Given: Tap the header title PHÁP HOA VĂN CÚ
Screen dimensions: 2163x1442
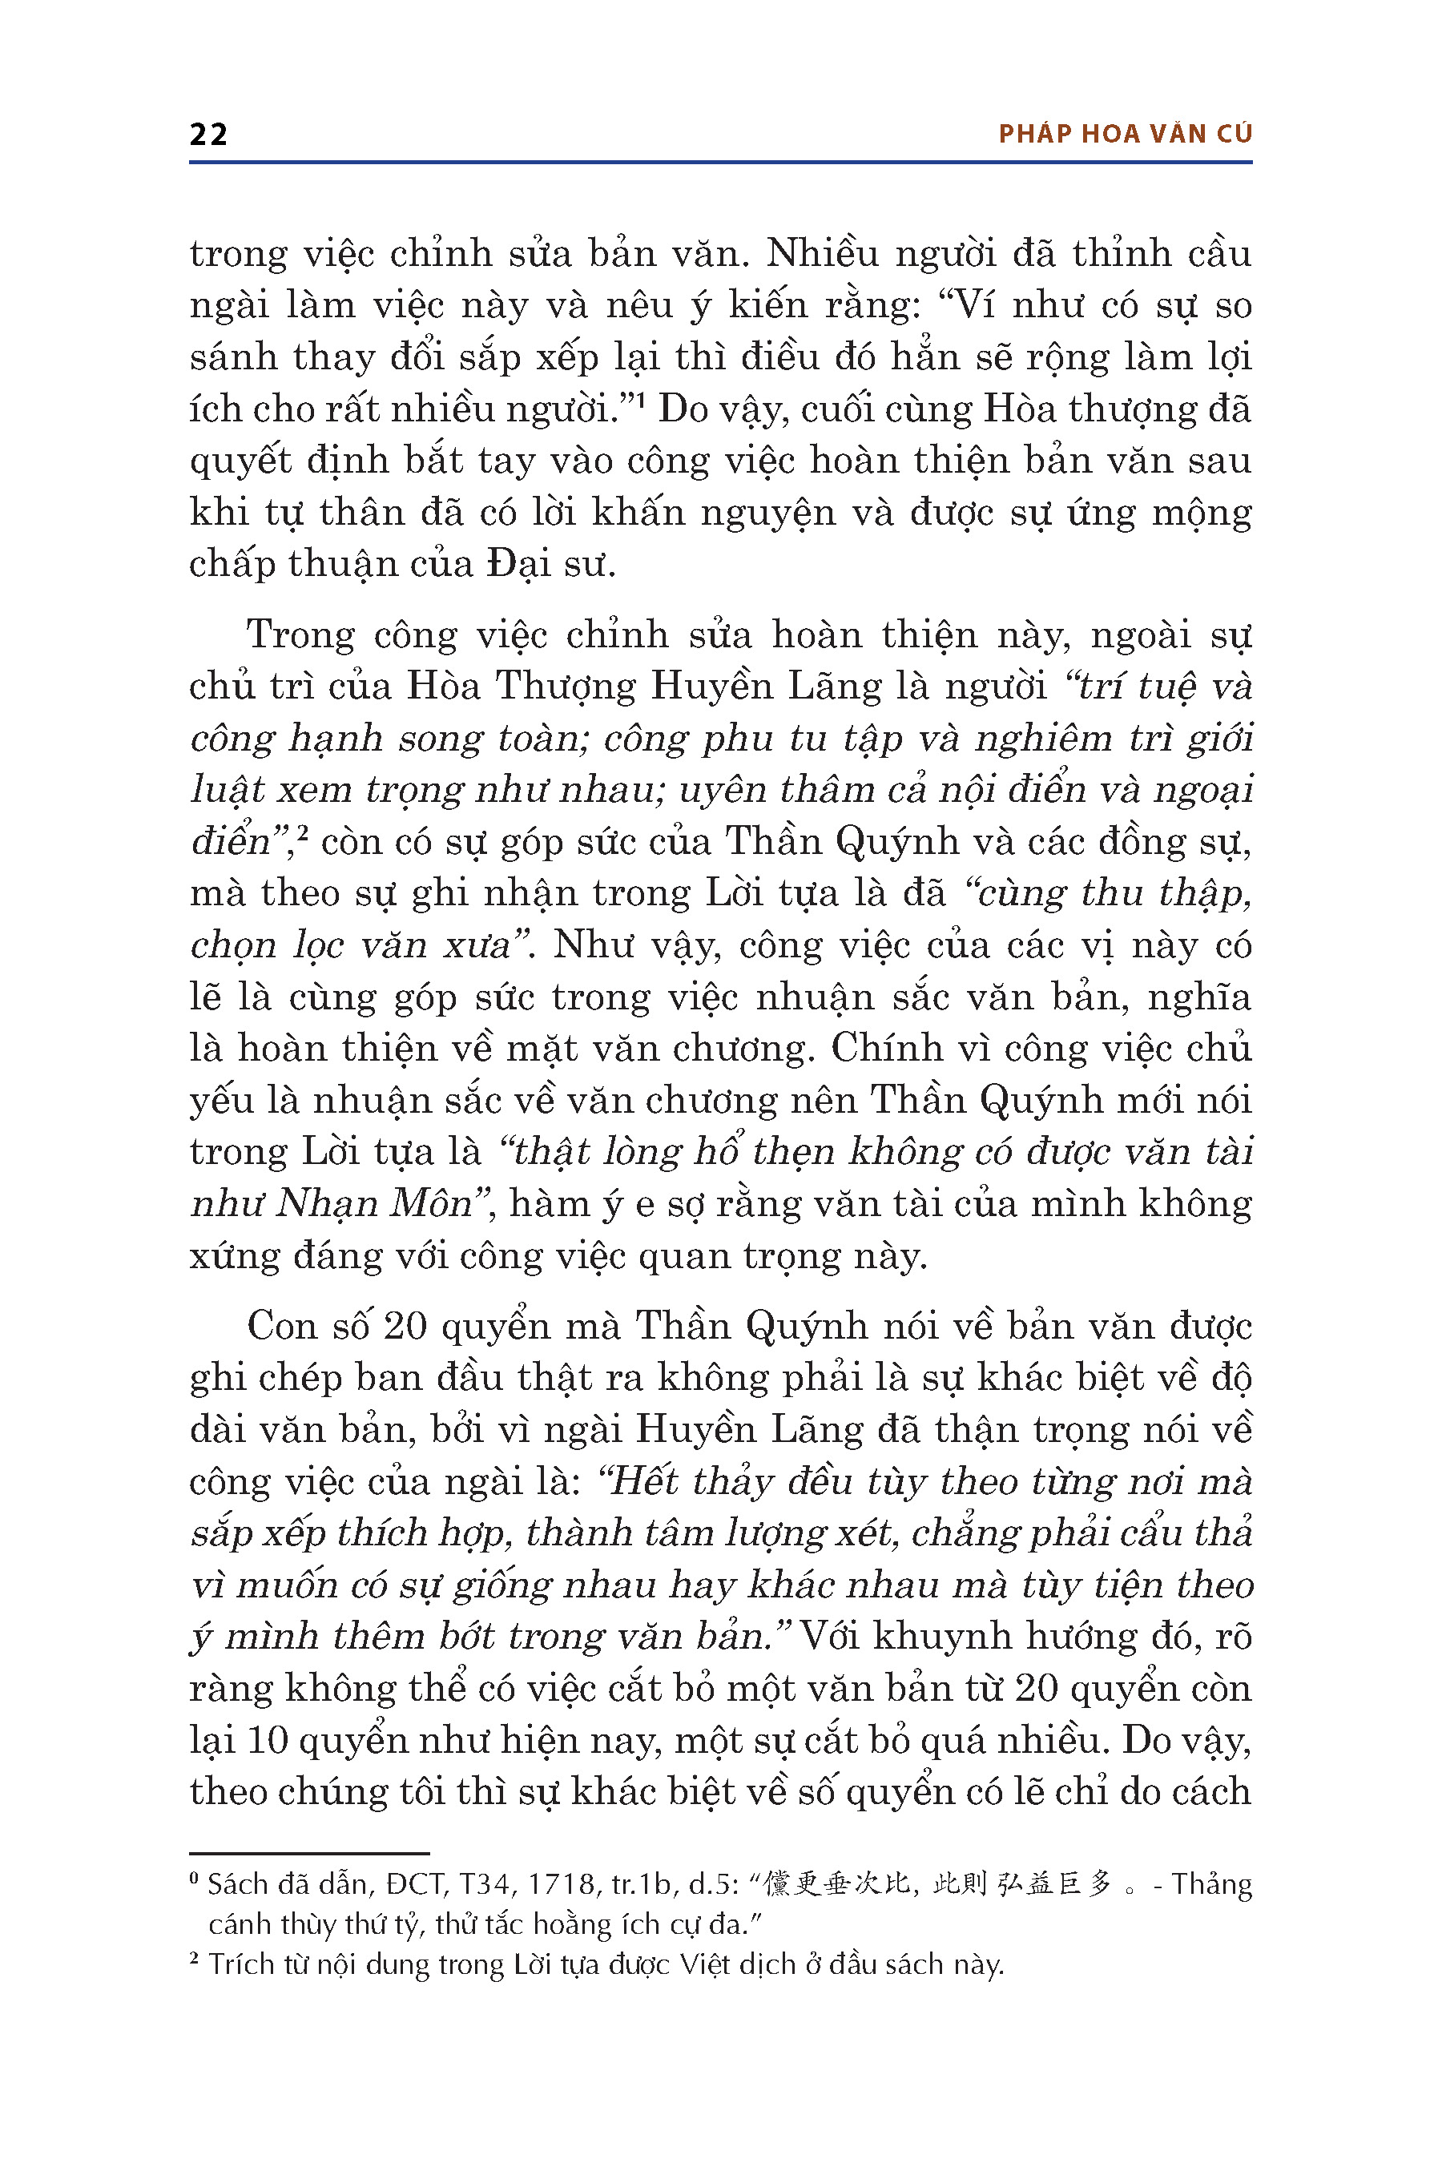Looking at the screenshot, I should click(x=1125, y=135).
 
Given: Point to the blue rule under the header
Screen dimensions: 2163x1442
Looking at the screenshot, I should click(x=720, y=163).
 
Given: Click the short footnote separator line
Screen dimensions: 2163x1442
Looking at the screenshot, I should click(x=309, y=1853).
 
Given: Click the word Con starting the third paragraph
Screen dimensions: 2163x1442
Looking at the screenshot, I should click(x=280, y=1326).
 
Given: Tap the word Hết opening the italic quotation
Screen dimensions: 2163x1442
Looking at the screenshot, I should click(x=642, y=1481).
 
